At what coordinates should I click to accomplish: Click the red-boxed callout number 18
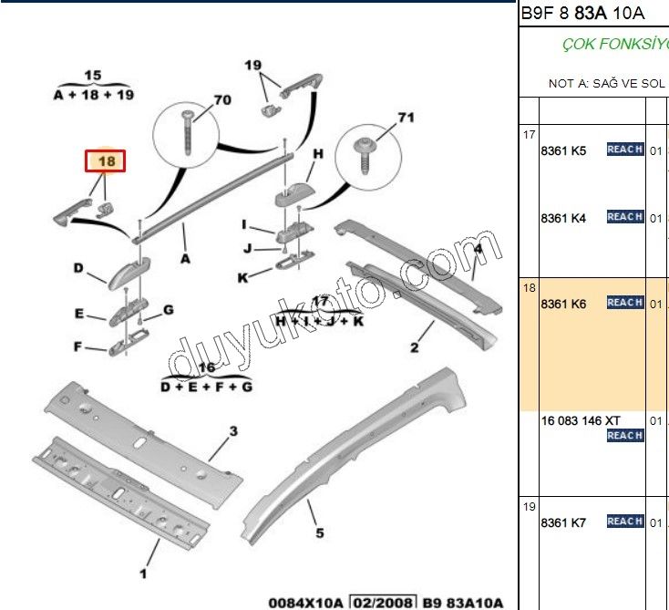[x=107, y=161]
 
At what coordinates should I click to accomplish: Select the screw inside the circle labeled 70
[x=190, y=127]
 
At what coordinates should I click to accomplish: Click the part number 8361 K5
[x=563, y=150]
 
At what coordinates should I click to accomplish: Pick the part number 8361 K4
[x=563, y=218]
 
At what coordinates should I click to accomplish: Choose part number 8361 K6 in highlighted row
[x=563, y=304]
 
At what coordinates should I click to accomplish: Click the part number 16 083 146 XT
[x=580, y=419]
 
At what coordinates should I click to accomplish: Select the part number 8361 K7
[x=563, y=522]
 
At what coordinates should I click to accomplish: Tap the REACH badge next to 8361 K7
[x=625, y=522]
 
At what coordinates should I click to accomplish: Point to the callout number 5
[x=320, y=533]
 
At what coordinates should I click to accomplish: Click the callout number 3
[x=233, y=430]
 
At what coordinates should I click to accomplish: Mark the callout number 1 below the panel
[x=142, y=574]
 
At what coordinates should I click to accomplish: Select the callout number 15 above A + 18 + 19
[x=93, y=76]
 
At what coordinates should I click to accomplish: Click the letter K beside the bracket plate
[x=242, y=278]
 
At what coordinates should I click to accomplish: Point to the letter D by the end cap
[x=78, y=268]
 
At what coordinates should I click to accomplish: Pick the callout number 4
[x=478, y=248]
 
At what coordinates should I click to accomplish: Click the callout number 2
[x=414, y=347]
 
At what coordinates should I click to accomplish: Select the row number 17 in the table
[x=529, y=135]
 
